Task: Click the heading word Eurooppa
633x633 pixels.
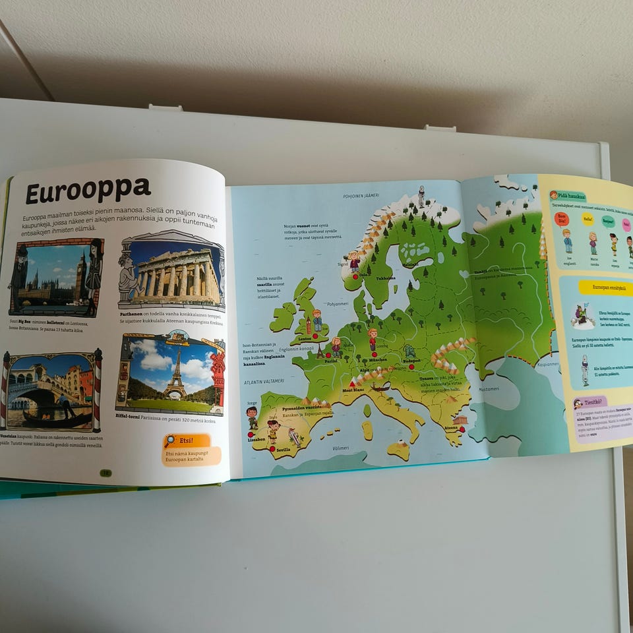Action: pyautogui.click(x=88, y=191)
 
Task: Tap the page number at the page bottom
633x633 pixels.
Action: pyautogui.click(x=105, y=473)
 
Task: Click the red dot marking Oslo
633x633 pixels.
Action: pyautogui.click(x=355, y=276)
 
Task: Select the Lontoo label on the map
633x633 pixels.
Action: pyautogui.click(x=305, y=339)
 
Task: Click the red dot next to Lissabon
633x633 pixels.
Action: pyautogui.click(x=251, y=433)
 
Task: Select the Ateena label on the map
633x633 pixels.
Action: pyautogui.click(x=451, y=427)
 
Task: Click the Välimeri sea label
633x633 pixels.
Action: pyautogui.click(x=341, y=448)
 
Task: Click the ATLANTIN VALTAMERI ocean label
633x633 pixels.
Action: pyautogui.click(x=264, y=380)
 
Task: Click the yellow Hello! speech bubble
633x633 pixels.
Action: pyautogui.click(x=588, y=220)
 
